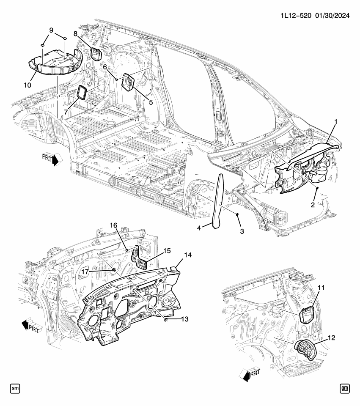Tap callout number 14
point(187,255)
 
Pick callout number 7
point(66,112)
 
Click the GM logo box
point(345,388)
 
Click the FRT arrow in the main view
point(52,160)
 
